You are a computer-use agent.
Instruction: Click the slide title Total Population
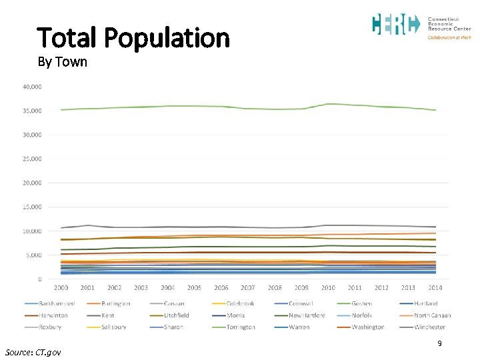tap(133, 38)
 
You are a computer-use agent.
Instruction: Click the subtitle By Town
tap(62, 63)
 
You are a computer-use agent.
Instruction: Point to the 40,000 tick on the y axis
tap(32, 87)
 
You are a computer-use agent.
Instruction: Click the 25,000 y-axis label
tap(32, 159)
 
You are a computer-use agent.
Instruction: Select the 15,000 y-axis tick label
tap(32, 207)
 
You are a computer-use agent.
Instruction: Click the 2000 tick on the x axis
tap(61, 288)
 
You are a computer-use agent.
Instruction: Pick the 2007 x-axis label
tap(248, 288)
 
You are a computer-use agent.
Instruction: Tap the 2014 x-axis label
tap(435, 288)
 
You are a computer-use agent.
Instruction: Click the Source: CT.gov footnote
tap(33, 351)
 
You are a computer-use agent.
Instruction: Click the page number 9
tap(439, 343)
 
